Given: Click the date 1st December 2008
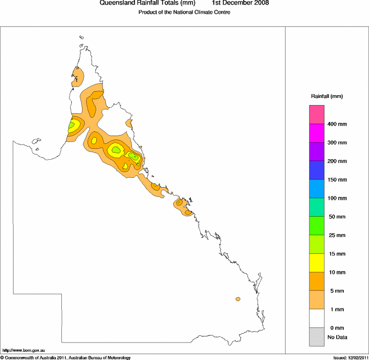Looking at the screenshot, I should [x=240, y=3].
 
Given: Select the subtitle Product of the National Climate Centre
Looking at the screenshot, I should [x=184, y=12].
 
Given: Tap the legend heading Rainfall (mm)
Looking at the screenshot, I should [x=327, y=96].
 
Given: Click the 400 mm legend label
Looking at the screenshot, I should [x=337, y=124].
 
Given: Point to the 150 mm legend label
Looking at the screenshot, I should [x=337, y=179].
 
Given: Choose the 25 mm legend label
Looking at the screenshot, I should [x=337, y=235].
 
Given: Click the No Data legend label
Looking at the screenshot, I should [x=337, y=337].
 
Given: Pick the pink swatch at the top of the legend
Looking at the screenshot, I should [x=318, y=114].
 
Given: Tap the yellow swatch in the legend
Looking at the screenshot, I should [x=318, y=263].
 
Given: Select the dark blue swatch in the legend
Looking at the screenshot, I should [x=318, y=170].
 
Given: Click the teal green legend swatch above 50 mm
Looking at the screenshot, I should [x=318, y=207].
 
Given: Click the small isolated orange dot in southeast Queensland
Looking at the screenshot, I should [x=238, y=299].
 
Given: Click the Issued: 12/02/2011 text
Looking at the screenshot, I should [x=350, y=357].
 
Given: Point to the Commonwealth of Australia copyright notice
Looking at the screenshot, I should [x=66, y=357].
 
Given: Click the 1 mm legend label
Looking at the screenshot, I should [x=337, y=309].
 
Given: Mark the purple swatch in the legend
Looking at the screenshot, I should [x=318, y=152].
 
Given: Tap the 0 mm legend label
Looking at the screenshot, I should [x=337, y=328].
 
